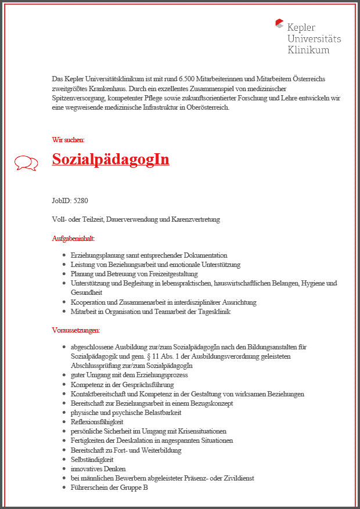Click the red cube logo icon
pos(279,24)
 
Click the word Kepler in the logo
pos(301,27)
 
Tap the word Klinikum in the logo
pos(308,50)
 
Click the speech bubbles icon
pos(26,163)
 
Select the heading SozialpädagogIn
pos(110,159)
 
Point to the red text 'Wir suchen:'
pos(68,139)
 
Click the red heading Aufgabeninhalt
pos(73,238)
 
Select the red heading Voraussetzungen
pos(75,330)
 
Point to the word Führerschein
pos(90,487)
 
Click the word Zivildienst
pos(237,478)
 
